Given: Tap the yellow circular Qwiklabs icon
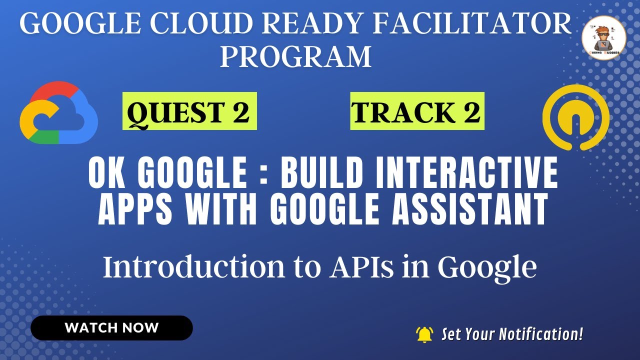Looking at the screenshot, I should [x=575, y=117].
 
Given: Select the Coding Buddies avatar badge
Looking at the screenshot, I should [x=604, y=38].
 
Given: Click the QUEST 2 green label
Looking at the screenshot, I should [x=189, y=111].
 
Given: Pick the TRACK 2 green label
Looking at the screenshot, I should [x=416, y=111].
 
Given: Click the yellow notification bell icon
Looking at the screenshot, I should [x=424, y=334].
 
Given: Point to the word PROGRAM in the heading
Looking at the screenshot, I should [x=295, y=56].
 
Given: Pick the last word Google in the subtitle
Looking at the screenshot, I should [x=487, y=268].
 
